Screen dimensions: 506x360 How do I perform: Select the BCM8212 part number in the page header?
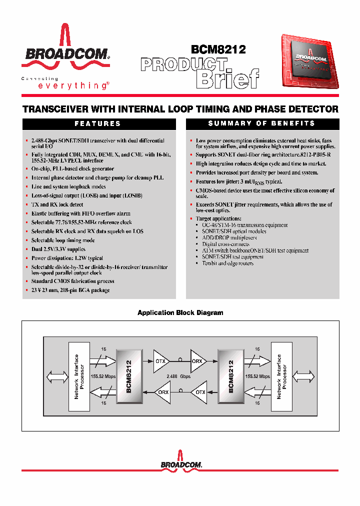218,49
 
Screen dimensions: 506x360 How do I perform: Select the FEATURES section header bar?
97,123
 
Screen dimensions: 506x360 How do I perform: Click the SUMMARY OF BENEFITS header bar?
261,123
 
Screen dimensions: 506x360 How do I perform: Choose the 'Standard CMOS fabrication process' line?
72,281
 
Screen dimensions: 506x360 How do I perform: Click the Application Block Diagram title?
180,312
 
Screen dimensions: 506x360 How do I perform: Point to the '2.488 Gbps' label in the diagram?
179,376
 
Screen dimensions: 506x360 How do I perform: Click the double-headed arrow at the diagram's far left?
54,376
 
